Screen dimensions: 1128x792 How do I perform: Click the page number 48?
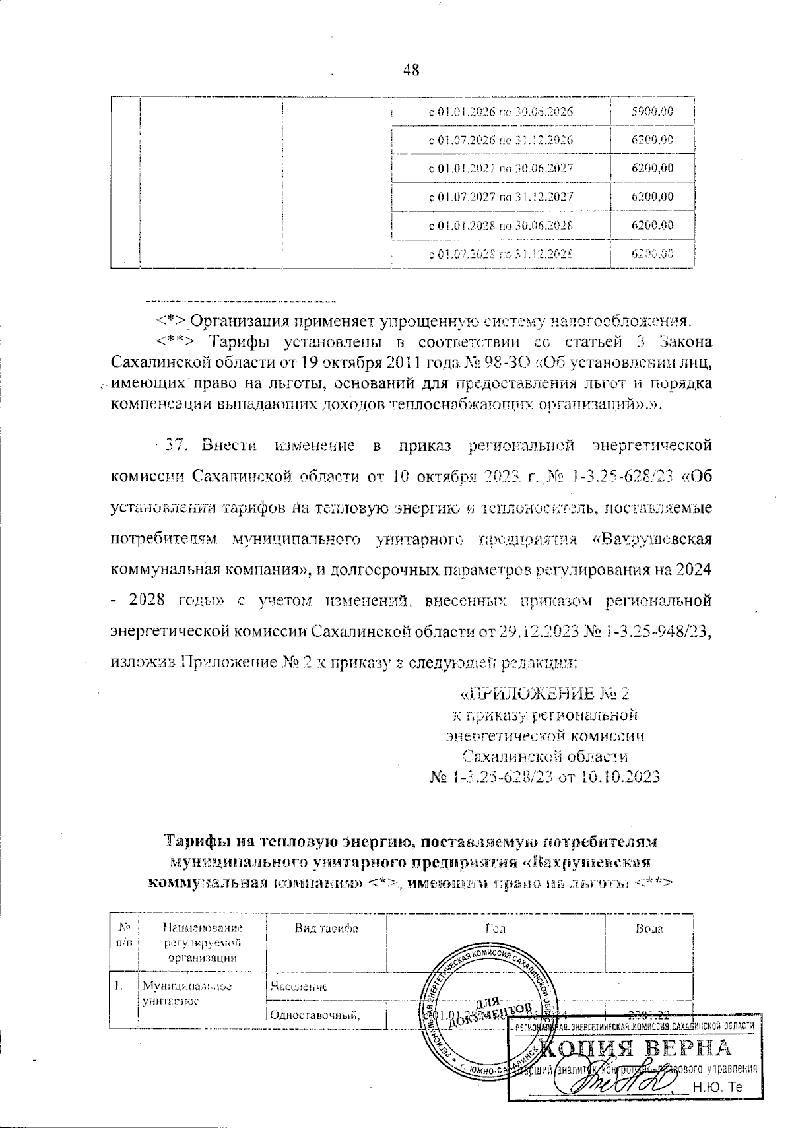click(x=411, y=70)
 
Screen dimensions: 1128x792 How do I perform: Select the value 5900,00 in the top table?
click(x=652, y=112)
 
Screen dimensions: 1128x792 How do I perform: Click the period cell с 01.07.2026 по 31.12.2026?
click(x=501, y=140)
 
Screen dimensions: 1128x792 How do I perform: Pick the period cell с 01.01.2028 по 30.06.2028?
click(x=501, y=225)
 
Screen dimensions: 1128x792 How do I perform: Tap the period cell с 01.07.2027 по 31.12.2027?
click(x=501, y=197)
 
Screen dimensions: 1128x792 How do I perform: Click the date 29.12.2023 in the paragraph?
click(x=533, y=632)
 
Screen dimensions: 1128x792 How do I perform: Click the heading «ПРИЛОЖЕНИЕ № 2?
click(x=544, y=694)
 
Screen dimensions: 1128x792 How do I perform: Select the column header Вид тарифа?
click(x=326, y=929)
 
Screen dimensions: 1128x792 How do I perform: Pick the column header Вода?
click(x=649, y=929)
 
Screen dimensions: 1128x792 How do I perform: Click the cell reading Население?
click(x=298, y=987)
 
